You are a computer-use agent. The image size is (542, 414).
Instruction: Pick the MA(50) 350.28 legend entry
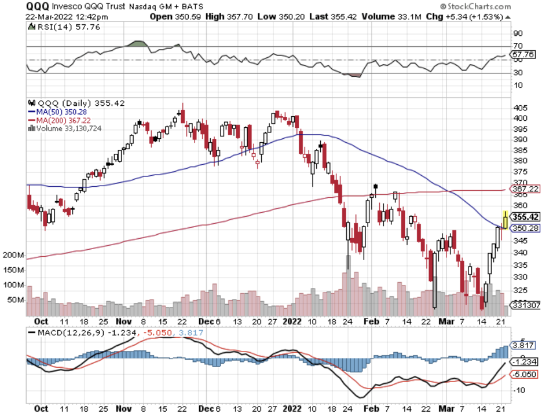pyautogui.click(x=56, y=112)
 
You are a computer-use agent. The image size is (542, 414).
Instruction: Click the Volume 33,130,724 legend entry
pyautogui.click(x=65, y=128)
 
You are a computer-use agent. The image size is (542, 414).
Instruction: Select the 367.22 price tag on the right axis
pyautogui.click(x=525, y=189)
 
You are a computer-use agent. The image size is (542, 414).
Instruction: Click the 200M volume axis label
pyautogui.click(x=13, y=255)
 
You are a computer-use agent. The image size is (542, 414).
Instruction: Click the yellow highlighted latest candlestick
pyautogui.click(x=506, y=220)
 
